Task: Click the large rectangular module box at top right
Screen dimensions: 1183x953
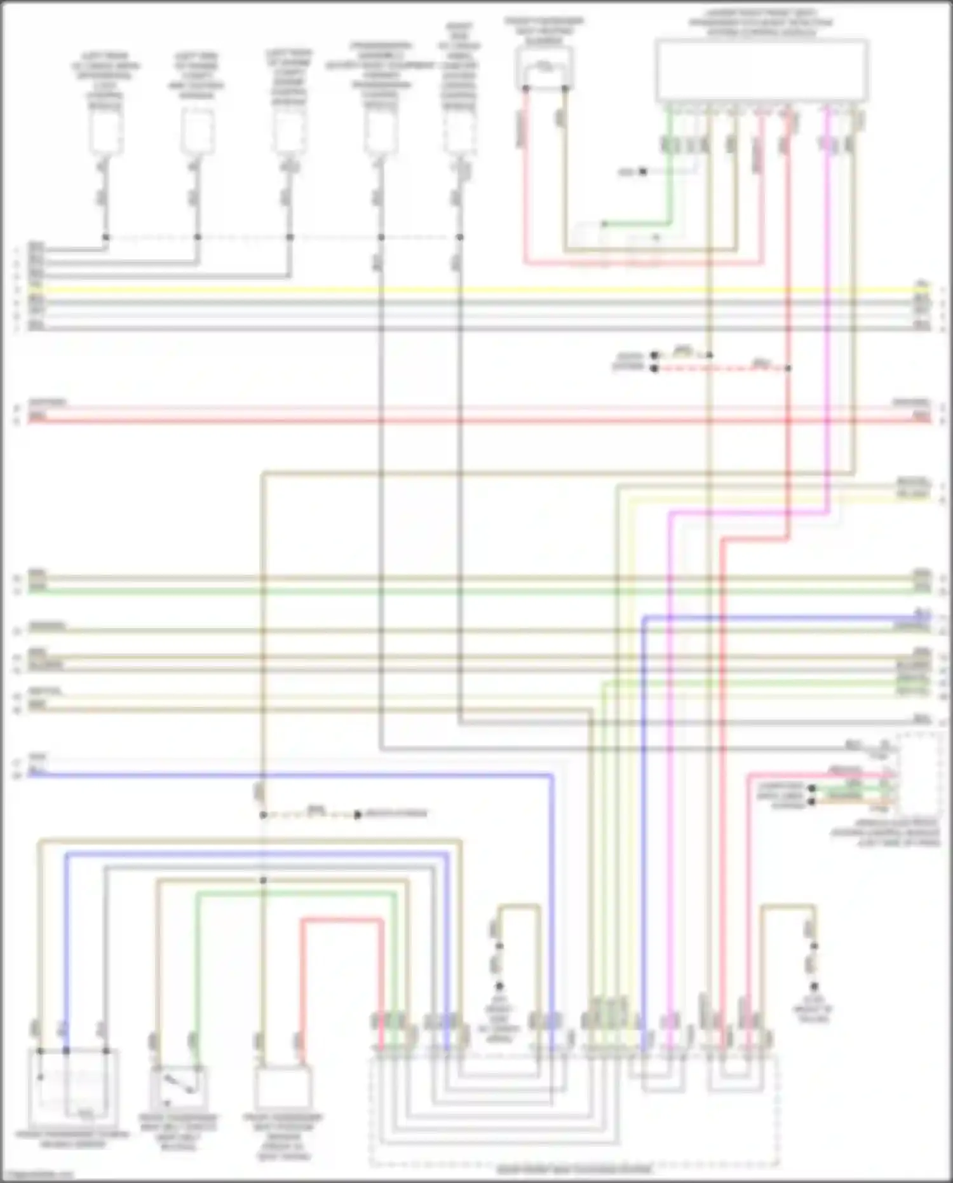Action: pyautogui.click(x=762, y=70)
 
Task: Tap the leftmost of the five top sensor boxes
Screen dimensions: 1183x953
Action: pyautogui.click(x=105, y=130)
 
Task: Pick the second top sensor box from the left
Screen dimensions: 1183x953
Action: pyautogui.click(x=198, y=130)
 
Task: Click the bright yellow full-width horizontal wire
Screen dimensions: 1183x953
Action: pyautogui.click(x=476, y=290)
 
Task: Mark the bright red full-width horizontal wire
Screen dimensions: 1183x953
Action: pyautogui.click(x=476, y=420)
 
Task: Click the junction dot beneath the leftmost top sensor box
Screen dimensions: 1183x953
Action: pyautogui.click(x=105, y=237)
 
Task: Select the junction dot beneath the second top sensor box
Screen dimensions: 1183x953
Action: pyautogui.click(x=198, y=237)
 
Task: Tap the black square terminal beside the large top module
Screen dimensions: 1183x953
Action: pyautogui.click(x=643, y=172)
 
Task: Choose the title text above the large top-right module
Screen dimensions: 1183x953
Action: pyautogui.click(x=760, y=22)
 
